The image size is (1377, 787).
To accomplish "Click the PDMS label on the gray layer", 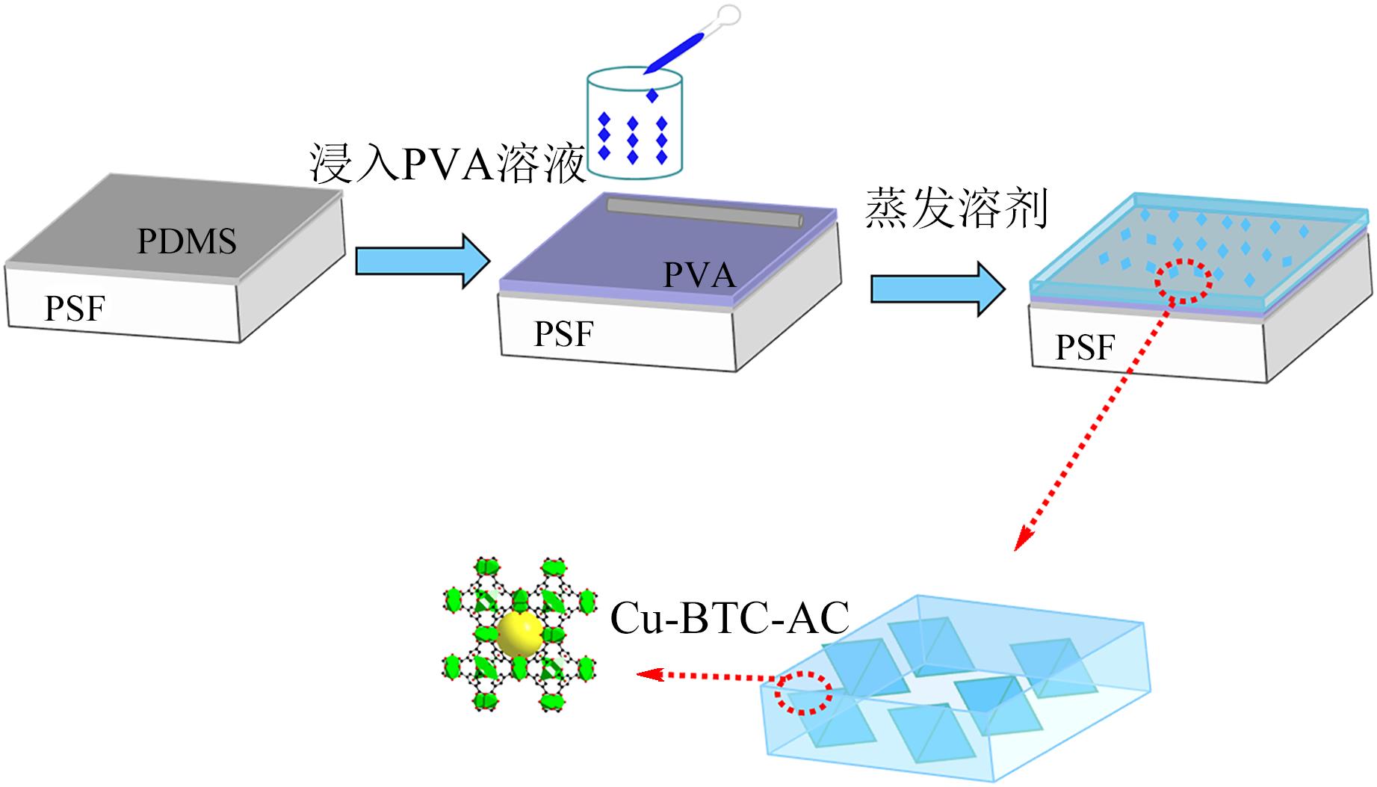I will point(187,241).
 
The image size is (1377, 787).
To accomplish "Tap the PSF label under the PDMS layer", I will point(75,308).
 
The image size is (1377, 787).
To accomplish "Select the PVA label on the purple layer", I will point(699,275).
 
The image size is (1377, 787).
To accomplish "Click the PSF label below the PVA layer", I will point(563,333).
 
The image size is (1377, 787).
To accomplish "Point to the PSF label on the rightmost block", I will point(1085,347).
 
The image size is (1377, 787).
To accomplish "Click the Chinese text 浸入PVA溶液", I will point(447,164).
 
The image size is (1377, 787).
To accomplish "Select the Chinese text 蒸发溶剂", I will point(957,209).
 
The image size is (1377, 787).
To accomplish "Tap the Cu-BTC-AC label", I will point(730,619).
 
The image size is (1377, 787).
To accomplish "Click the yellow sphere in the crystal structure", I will point(519,635).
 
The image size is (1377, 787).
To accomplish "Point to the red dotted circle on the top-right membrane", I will point(1184,280).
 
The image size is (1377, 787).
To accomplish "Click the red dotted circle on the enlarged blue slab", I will point(802,693).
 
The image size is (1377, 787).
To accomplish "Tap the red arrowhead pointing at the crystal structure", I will point(647,674).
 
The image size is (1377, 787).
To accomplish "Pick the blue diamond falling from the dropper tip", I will point(652,96).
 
